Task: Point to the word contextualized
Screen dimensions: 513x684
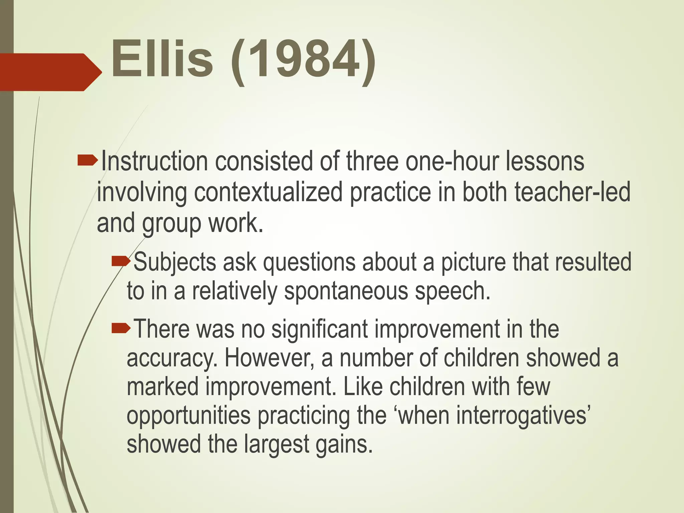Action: pyautogui.click(x=268, y=193)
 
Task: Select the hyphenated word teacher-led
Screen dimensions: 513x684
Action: pyautogui.click(x=572, y=193)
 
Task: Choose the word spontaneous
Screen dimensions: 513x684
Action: pyautogui.click(x=346, y=291)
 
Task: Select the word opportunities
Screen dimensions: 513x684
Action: pyautogui.click(x=188, y=416)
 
